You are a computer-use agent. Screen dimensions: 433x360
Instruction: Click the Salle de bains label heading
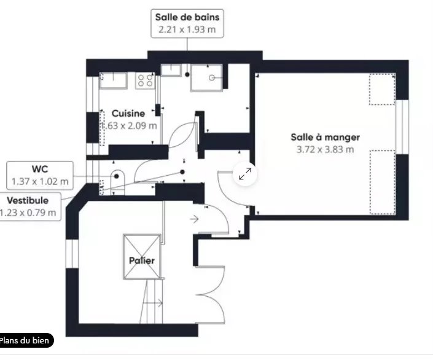(x=187, y=17)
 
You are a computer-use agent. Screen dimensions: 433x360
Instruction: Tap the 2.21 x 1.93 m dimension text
(x=187, y=29)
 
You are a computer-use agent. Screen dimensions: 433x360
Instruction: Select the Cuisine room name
(x=128, y=113)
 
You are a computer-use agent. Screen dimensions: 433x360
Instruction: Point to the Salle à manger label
(x=326, y=138)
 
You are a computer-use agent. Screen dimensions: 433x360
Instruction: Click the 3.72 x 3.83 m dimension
(x=325, y=149)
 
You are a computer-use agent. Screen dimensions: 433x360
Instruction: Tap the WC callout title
(x=40, y=169)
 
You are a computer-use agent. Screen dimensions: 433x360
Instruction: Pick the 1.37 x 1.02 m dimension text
(x=40, y=181)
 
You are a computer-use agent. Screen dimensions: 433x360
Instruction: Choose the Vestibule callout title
(x=28, y=200)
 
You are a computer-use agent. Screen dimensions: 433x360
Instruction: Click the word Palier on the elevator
(x=142, y=260)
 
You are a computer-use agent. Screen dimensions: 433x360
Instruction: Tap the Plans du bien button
(x=25, y=340)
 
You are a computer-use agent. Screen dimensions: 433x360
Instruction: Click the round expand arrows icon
(x=245, y=174)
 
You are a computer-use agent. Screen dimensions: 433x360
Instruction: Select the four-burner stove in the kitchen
(x=146, y=80)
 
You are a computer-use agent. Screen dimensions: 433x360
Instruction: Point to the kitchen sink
(x=113, y=80)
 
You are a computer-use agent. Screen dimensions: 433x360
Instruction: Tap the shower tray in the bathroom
(x=206, y=77)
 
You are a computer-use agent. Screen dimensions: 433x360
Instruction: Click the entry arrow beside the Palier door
(x=194, y=219)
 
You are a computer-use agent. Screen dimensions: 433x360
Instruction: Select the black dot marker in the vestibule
(x=182, y=172)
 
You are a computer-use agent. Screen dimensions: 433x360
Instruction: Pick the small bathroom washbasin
(x=171, y=70)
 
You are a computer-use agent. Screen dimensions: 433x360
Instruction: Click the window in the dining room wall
(x=402, y=127)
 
